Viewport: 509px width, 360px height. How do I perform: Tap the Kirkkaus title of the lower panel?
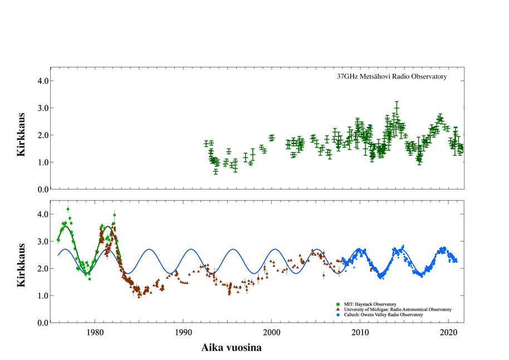[x=22, y=265]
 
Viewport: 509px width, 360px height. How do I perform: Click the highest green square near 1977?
[x=68, y=210]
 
